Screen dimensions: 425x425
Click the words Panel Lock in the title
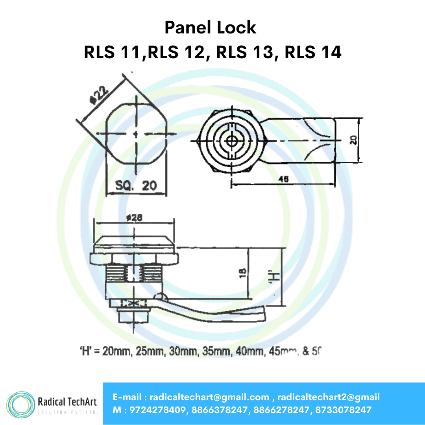point(210,28)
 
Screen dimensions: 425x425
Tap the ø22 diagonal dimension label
point(99,95)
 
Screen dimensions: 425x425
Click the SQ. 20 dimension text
point(136,185)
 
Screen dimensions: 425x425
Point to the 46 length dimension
point(283,179)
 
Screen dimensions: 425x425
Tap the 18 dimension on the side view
point(243,273)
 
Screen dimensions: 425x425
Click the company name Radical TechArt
point(67,402)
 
